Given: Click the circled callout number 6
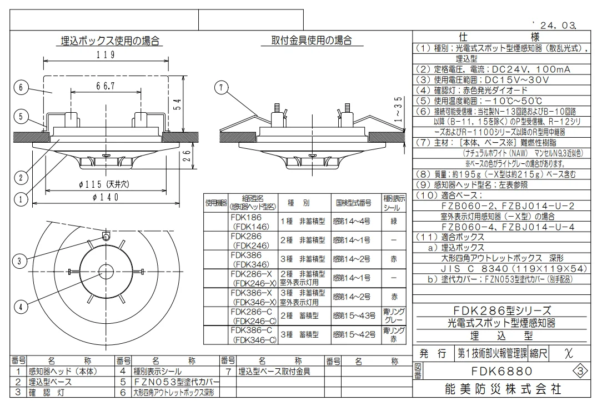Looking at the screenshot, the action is tap(21, 88).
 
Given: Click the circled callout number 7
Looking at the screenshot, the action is tap(222, 88).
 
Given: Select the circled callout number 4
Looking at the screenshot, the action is tap(21, 307).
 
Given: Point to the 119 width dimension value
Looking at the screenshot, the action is tap(106, 55).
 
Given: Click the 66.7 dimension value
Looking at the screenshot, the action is tap(106, 86).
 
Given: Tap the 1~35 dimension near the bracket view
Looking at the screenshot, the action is tap(398, 109).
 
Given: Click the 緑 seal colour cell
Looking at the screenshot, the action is tap(394, 221).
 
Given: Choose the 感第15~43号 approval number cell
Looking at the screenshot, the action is tap(354, 315).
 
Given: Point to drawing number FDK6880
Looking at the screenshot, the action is tap(502, 371).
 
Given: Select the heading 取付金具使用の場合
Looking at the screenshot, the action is tap(312, 40).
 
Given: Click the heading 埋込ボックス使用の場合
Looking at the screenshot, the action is tap(110, 41).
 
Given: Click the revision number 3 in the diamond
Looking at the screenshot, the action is tap(581, 371).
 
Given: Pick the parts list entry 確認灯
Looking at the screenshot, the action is tap(45, 392).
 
